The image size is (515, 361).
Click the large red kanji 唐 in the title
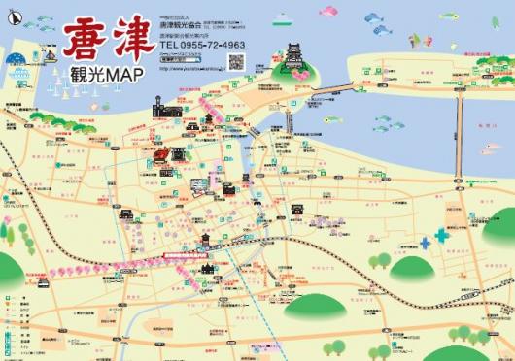coord(86,40)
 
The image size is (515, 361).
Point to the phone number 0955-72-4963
coord(209,44)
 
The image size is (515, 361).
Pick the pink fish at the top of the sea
coord(327,12)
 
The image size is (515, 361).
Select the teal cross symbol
coord(441,234)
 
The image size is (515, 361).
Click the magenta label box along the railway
coord(189,255)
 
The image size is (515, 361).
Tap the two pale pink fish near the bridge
coord(486,151)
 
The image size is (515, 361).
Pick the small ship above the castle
coord(283,17)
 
